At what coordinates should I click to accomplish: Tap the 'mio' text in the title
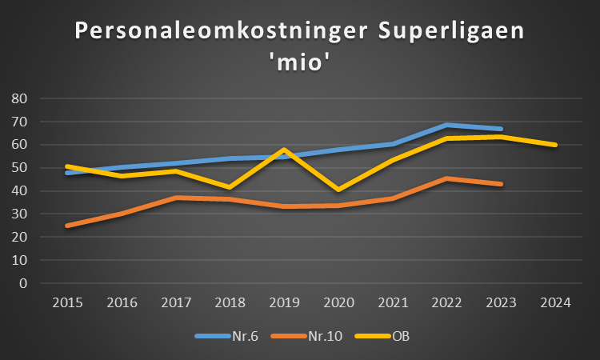300,63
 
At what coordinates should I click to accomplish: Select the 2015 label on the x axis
67,302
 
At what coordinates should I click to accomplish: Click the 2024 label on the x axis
555,302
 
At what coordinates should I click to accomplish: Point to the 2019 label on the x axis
284,302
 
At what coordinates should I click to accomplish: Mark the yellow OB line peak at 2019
284,150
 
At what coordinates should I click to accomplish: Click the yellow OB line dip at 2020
338,190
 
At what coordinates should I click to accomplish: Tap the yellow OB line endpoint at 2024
555,145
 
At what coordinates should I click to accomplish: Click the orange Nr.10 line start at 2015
67,226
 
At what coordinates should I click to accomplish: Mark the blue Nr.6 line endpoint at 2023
501,129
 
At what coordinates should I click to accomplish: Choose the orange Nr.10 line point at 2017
175,198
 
